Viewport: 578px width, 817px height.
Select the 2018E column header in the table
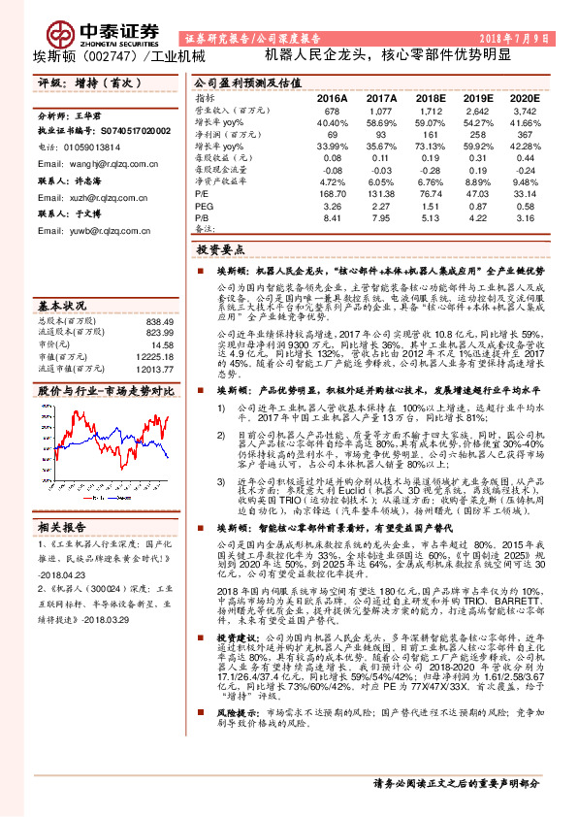(x=428, y=98)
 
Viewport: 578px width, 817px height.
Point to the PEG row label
(x=204, y=207)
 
